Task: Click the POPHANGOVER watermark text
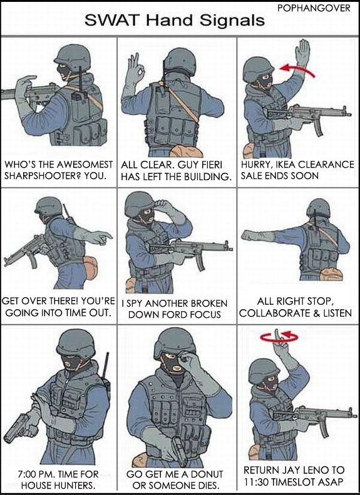(314, 8)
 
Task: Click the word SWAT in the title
(112, 21)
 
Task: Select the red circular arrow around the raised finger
(279, 338)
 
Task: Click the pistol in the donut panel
(179, 451)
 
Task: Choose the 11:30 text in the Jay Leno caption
(256, 482)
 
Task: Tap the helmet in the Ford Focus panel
(139, 204)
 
